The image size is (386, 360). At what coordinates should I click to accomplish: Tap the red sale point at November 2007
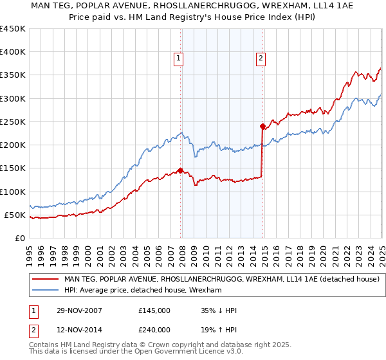point(180,170)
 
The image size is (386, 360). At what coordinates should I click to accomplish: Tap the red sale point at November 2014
point(262,126)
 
